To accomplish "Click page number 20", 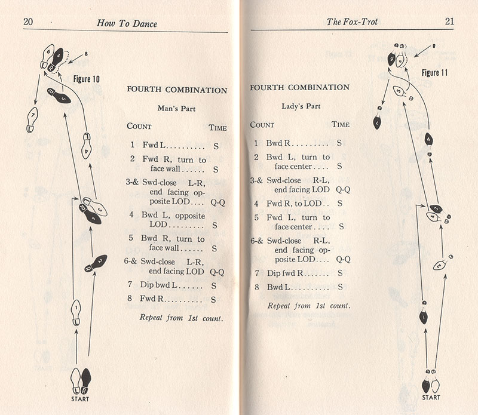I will pos(28,22).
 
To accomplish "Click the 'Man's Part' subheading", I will pos(176,109).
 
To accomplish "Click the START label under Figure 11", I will pos(431,396).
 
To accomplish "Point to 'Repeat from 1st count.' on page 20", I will pos(182,318).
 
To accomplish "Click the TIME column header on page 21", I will pos(341,124).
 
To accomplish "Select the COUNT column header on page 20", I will pos(139,127).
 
